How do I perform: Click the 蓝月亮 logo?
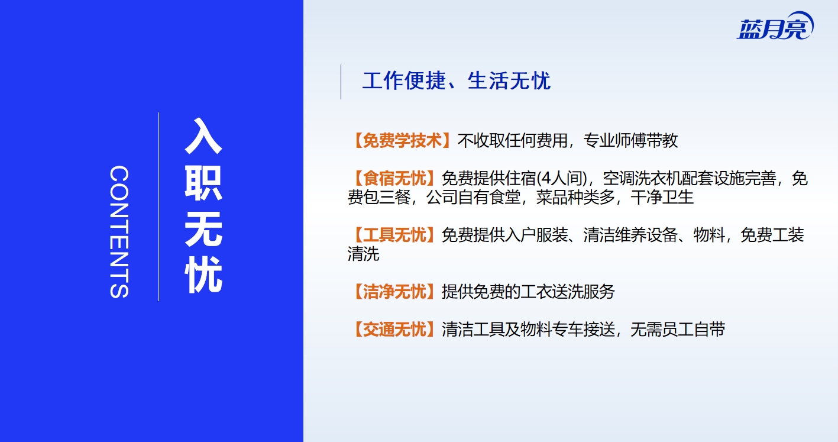click(775, 25)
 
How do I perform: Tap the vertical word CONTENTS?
click(119, 232)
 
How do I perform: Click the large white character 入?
click(203, 136)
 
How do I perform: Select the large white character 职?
click(203, 183)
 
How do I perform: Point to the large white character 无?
click(203, 229)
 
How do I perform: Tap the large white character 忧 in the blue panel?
click(203, 275)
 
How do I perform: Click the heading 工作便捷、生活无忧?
click(457, 80)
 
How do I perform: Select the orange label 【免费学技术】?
click(402, 140)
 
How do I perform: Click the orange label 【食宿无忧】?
click(394, 178)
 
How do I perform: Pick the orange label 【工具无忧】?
click(394, 235)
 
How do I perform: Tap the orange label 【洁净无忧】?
click(394, 292)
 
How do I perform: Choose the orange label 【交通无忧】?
click(394, 330)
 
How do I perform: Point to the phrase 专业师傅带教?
click(630, 140)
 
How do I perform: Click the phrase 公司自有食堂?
click(473, 197)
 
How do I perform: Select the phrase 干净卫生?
click(662, 197)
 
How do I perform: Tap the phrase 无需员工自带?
click(678, 330)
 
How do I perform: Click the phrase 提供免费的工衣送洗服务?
click(528, 292)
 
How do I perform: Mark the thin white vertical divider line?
click(158, 207)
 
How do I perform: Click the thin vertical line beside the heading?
click(341, 82)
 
